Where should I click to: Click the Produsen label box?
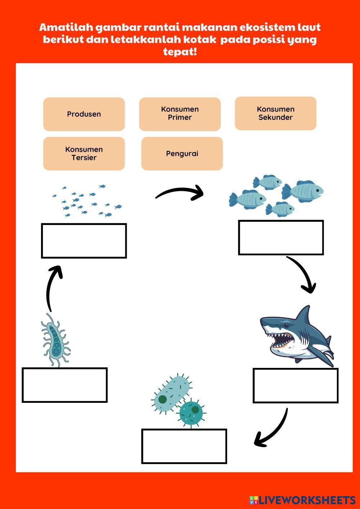tap(84, 114)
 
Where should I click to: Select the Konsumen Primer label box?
tap(180, 114)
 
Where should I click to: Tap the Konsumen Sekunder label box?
tap(275, 113)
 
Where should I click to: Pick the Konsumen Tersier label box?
tap(84, 153)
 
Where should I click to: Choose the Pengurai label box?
tap(182, 154)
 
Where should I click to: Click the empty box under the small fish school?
tap(84, 241)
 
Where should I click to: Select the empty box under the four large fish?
tap(281, 238)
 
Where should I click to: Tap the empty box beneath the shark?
tap(296, 386)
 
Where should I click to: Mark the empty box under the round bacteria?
tap(184, 446)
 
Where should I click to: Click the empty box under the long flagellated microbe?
tap(65, 385)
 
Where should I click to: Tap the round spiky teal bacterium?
tap(191, 413)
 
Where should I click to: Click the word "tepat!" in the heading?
tap(180, 51)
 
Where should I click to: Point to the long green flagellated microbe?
tap(55, 340)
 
